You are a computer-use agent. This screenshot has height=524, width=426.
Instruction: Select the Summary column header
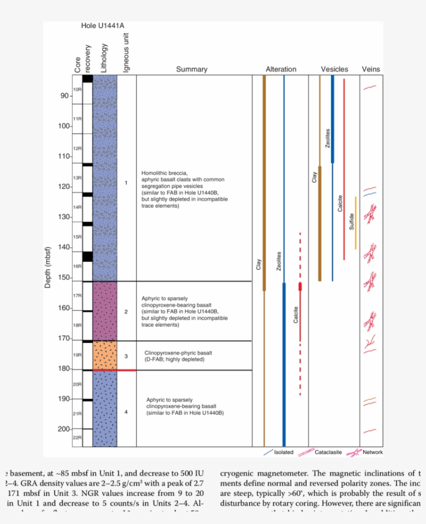pos(191,69)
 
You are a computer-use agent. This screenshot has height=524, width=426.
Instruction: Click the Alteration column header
pos(281,69)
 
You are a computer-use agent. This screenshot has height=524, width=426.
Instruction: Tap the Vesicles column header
pos(334,69)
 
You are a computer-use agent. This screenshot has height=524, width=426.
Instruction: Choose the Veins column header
pos(371,69)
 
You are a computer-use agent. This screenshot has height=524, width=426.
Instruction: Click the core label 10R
pos(77,90)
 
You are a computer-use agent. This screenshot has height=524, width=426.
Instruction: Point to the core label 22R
pos(77,438)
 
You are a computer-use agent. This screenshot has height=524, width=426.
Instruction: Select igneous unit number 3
pos(126,356)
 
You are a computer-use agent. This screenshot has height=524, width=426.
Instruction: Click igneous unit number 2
pos(126,312)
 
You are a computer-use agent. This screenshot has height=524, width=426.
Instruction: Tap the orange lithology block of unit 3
pos(104,355)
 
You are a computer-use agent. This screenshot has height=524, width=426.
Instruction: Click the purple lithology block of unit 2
pos(104,311)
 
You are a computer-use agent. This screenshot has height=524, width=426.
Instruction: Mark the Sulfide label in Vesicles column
pos(352,222)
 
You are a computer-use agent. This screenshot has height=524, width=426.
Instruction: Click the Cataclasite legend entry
pos(328,452)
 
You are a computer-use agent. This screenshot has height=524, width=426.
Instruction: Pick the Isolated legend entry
pos(283,452)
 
